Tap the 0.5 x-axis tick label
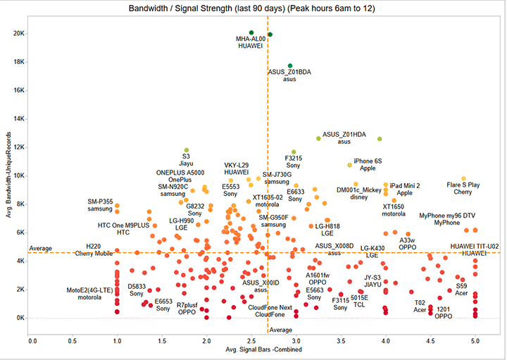click(73, 341)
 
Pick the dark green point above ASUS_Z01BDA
click(289, 66)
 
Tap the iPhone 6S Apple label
click(368, 165)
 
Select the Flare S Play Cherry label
click(463, 188)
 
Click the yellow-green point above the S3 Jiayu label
click(187, 150)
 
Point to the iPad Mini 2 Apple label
click(405, 190)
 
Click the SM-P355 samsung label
click(100, 205)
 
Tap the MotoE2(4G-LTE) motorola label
click(89, 294)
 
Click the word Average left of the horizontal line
click(42, 249)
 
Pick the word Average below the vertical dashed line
click(281, 330)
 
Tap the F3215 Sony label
click(294, 162)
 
